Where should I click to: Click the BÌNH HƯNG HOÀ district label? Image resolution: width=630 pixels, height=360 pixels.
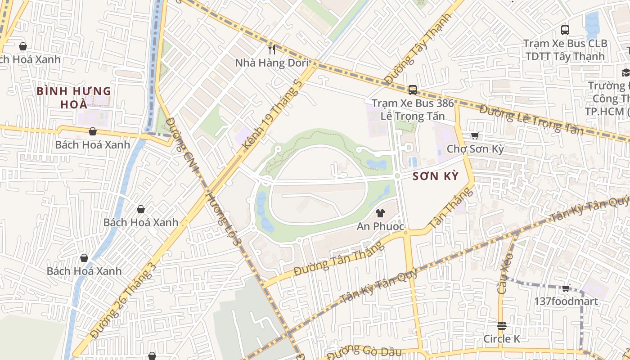pos(74,98)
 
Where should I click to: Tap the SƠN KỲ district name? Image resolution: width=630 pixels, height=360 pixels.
pos(436,176)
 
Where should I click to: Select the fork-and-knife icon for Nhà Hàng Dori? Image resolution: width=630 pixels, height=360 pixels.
pos(272,49)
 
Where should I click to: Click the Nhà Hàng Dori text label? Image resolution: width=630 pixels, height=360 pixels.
pos(272,63)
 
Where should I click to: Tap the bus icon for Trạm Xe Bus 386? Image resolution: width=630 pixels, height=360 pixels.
pos(412,90)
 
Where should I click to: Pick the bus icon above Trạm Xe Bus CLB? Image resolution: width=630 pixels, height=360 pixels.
pos(565,30)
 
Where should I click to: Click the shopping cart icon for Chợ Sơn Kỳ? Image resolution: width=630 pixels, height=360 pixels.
pos(475,135)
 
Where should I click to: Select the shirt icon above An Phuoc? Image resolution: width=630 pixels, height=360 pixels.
pos(380,213)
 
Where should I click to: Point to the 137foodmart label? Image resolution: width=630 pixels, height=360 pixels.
pos(566,301)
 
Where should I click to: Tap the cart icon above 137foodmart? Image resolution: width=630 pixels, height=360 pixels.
pos(566,288)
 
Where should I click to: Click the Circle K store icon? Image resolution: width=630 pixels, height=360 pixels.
pos(502,326)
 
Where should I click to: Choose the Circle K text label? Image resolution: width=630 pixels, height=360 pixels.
pos(502,339)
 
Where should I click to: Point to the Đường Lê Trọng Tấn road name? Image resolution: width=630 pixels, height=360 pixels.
pos(531,120)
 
